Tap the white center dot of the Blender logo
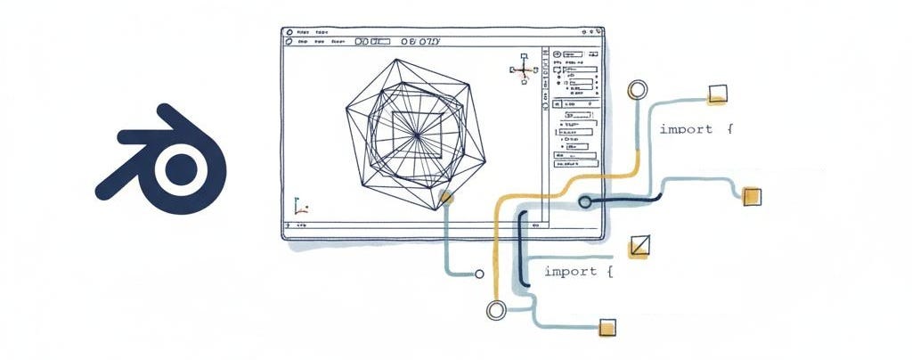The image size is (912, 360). (183, 167)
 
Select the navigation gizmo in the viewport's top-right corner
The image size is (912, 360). (521, 69)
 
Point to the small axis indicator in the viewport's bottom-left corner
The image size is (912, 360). (300, 209)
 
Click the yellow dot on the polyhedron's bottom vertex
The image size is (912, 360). (444, 198)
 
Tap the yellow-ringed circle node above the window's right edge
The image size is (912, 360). (637, 89)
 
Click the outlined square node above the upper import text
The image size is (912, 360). (717, 94)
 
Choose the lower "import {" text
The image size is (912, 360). (578, 271)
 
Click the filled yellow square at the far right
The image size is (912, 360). (752, 197)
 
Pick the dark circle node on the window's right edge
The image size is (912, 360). (585, 202)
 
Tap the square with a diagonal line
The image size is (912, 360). (639, 246)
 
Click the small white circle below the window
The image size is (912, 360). (480, 274)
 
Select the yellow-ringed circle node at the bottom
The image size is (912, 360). (496, 310)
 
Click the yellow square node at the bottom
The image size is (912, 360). (608, 327)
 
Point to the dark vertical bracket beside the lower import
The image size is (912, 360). (522, 250)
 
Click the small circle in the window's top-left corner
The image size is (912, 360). (289, 32)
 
